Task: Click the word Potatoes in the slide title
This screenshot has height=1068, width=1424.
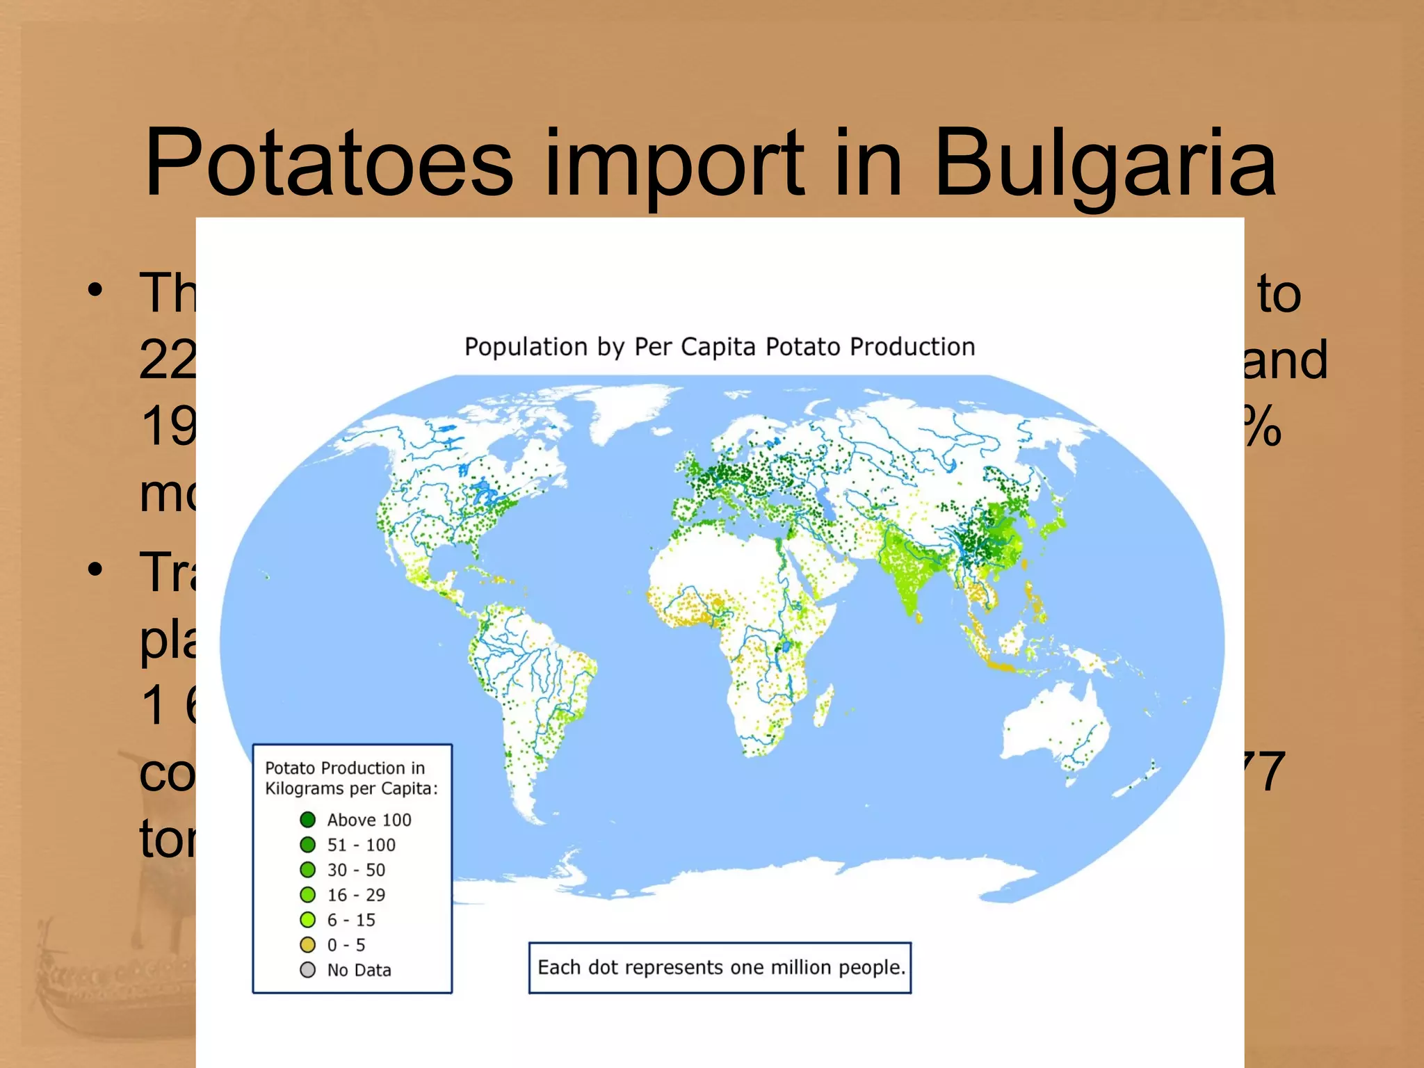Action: click(329, 164)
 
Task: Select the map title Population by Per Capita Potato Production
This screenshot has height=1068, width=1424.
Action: click(720, 346)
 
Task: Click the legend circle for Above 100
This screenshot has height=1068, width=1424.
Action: click(307, 820)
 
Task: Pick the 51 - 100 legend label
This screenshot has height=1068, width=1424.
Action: click(361, 845)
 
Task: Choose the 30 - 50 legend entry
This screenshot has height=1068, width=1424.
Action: click(355, 870)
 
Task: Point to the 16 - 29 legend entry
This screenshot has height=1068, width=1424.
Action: click(355, 895)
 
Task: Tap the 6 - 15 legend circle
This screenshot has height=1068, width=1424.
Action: click(307, 920)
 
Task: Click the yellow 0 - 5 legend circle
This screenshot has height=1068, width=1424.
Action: click(307, 945)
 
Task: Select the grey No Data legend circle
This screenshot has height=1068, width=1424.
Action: click(307, 970)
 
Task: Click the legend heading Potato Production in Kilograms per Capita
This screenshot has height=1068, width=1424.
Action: click(351, 778)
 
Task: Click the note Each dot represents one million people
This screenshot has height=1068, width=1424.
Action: click(720, 968)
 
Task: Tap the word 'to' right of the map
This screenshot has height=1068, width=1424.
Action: click(1278, 295)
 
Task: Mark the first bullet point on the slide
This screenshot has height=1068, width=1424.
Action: click(95, 290)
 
